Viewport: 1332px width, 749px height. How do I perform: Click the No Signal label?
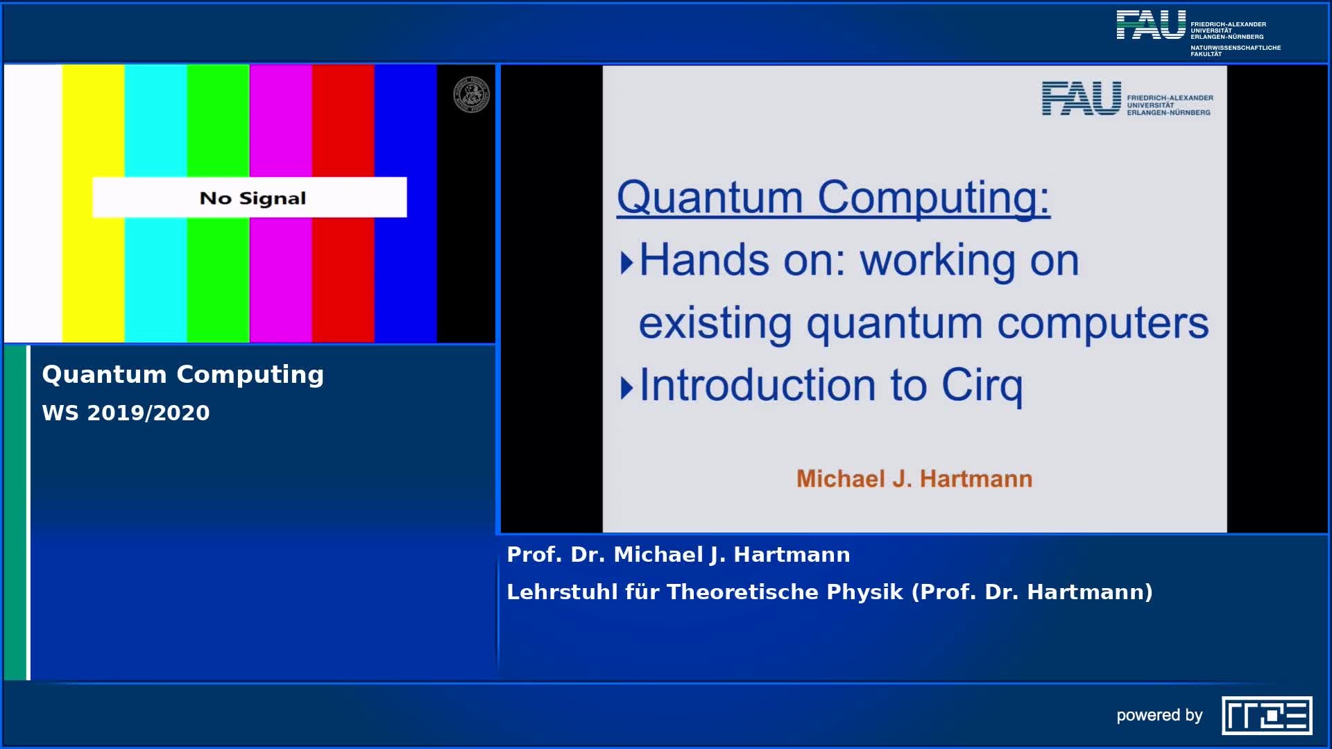[253, 198]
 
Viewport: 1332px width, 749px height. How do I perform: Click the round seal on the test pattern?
[472, 95]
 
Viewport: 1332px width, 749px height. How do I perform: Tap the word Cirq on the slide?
[982, 386]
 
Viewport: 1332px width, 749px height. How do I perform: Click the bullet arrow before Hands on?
[626, 263]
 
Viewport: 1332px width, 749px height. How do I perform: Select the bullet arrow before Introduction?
[626, 388]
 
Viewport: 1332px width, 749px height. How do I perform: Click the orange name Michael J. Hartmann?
[914, 479]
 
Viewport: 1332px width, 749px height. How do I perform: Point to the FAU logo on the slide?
[1127, 98]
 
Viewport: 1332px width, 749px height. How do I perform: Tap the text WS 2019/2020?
[126, 413]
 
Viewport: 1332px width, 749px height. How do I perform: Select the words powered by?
[1159, 716]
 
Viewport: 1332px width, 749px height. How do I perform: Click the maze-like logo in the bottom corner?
[1267, 715]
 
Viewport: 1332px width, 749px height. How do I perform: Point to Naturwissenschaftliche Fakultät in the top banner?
[1236, 51]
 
